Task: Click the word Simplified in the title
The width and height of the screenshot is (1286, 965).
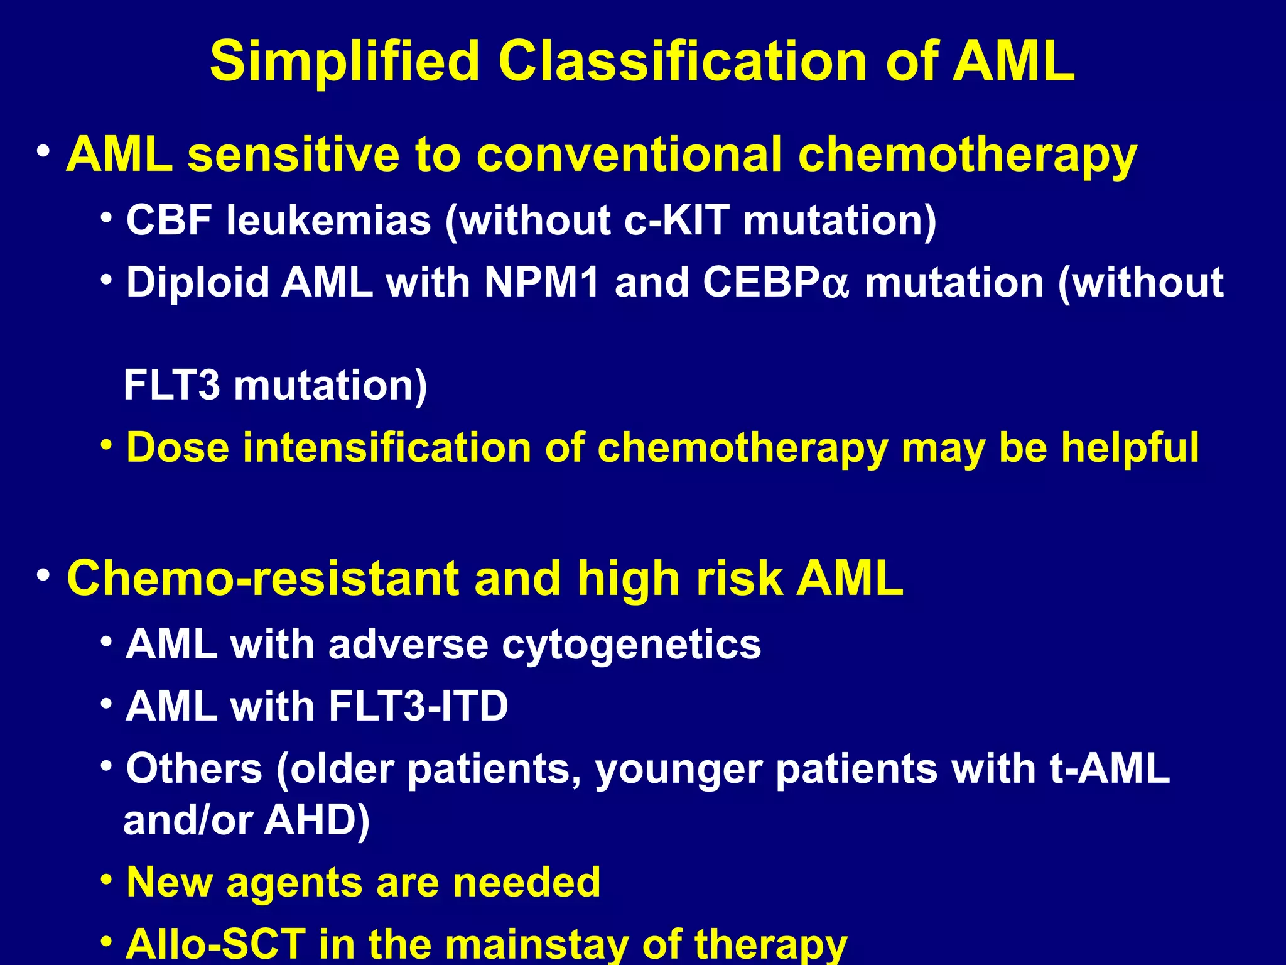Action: click(344, 62)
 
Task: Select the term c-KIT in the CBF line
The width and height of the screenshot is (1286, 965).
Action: click(677, 221)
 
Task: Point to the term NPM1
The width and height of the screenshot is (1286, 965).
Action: click(542, 282)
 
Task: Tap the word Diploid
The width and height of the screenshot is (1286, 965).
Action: click(197, 282)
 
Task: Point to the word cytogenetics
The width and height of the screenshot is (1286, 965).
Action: click(631, 645)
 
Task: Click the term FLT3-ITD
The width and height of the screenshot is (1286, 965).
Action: click(418, 706)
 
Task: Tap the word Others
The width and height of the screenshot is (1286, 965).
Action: click(194, 768)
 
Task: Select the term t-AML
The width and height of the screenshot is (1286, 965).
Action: click(1109, 768)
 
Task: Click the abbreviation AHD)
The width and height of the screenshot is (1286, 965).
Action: click(317, 821)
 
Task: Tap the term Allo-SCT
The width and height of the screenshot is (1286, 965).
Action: click(215, 944)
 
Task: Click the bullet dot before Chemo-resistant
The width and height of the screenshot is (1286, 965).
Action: click(43, 575)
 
